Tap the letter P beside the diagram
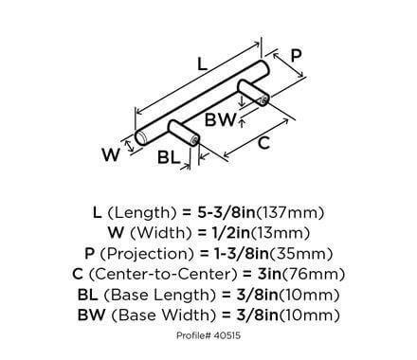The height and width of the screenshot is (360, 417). tap(297, 56)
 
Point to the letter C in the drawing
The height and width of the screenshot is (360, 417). tap(267, 145)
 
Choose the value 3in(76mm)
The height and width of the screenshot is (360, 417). tap(301, 275)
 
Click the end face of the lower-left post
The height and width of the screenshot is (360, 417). tap(195, 141)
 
